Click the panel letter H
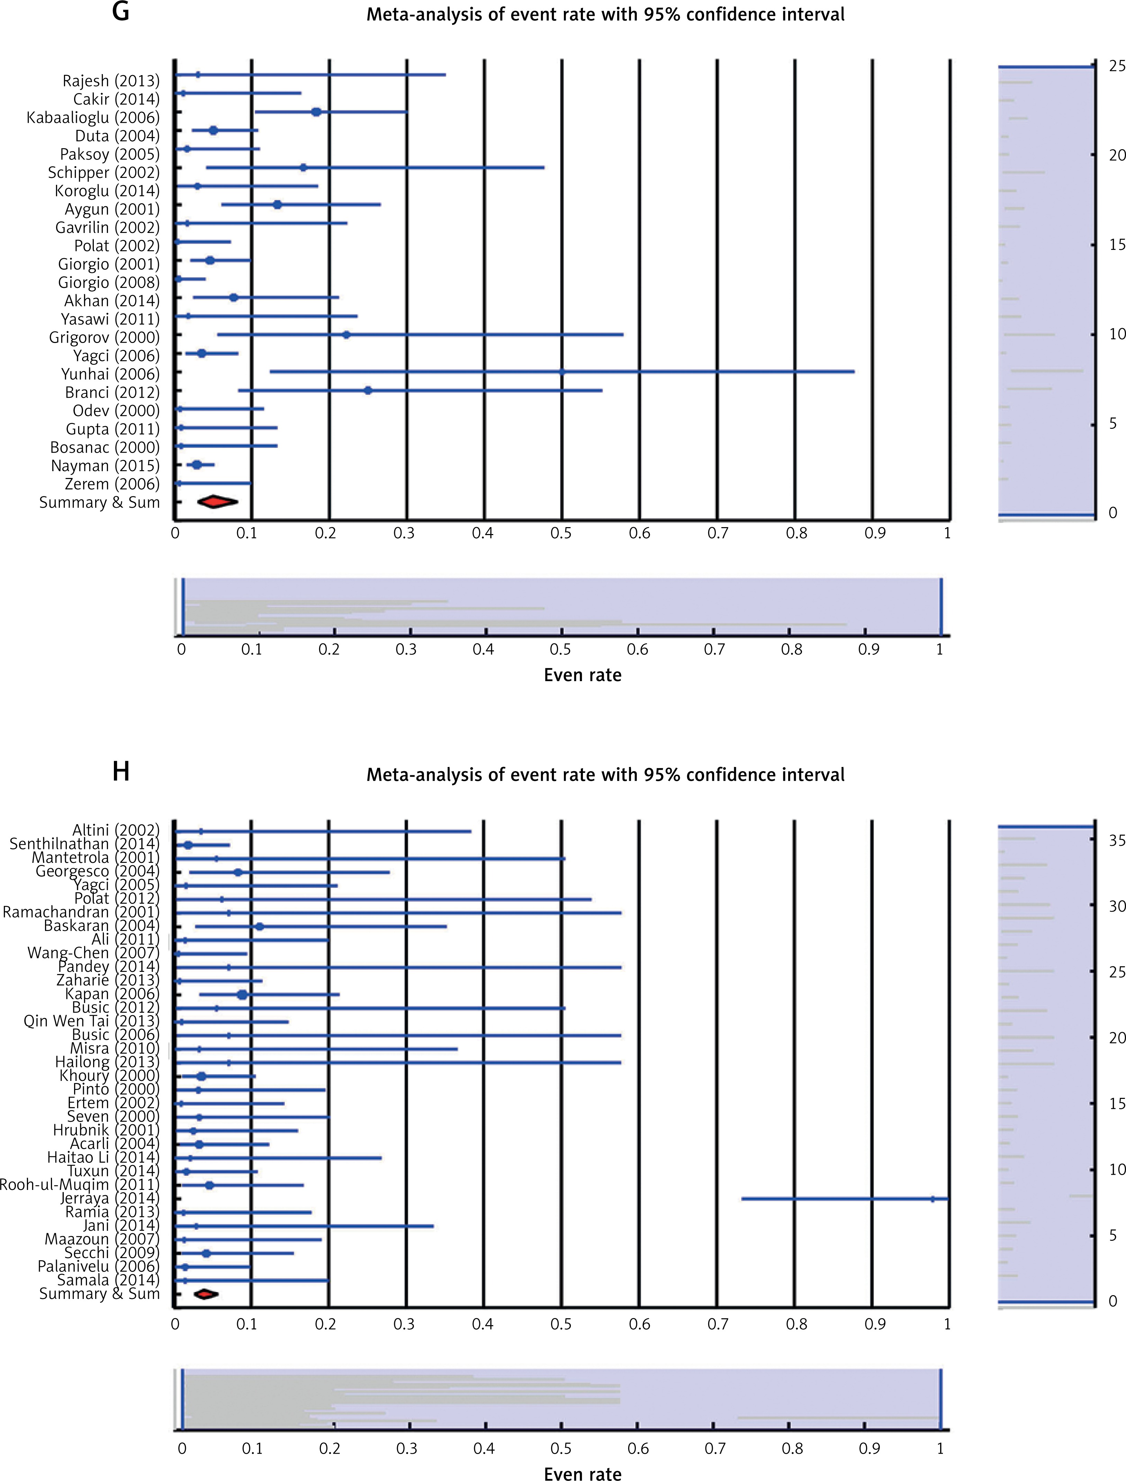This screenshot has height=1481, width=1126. click(121, 772)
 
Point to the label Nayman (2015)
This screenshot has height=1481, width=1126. click(105, 466)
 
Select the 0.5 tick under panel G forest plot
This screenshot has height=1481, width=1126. click(561, 533)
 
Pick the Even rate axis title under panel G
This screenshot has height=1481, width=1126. click(583, 675)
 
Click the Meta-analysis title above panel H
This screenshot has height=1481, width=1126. click(605, 775)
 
